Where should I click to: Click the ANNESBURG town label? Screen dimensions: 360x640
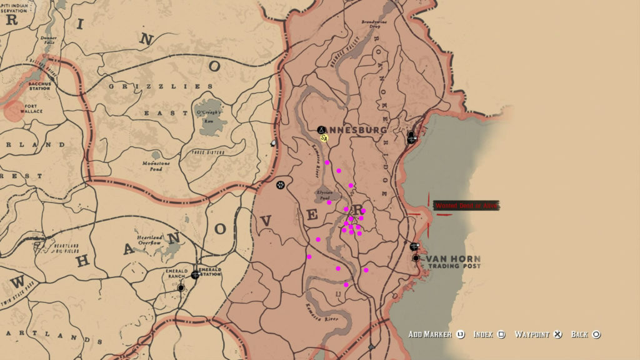point(356,130)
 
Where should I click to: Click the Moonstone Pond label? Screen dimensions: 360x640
point(152,166)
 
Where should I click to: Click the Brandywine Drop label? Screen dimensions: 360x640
point(375,24)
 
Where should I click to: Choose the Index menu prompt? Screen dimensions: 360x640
point(485,334)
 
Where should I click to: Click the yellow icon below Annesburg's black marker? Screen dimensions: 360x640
point(324,137)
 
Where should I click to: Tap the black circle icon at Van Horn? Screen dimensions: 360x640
point(416,257)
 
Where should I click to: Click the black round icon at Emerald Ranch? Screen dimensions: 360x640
point(181,288)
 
